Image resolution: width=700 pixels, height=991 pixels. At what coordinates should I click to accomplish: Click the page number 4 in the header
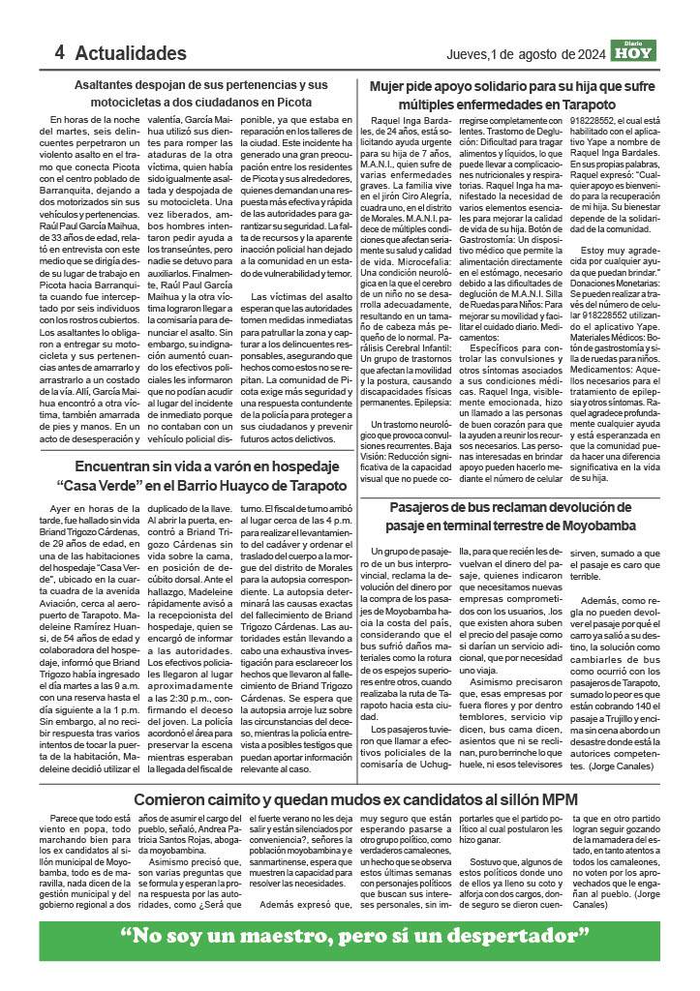pos(59,52)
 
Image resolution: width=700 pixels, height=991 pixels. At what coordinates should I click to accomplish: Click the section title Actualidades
pos(130,52)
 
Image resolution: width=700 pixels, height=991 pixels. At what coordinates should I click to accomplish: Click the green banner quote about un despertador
pos(354,936)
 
